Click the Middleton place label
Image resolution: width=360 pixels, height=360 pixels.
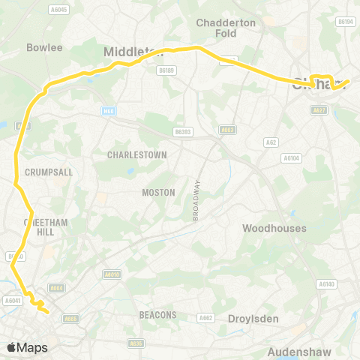tap(133, 51)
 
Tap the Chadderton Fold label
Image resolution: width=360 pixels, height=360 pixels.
tap(226, 28)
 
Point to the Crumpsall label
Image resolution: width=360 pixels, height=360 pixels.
tap(49, 172)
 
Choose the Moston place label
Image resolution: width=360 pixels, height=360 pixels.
tap(158, 193)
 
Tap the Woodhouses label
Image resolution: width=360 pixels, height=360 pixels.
tap(274, 228)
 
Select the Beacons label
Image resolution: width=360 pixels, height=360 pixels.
tap(157, 315)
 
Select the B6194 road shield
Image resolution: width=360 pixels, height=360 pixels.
tap(346, 22)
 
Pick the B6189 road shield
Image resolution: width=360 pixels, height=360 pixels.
tap(167, 70)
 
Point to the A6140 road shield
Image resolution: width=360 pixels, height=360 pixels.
tap(325, 284)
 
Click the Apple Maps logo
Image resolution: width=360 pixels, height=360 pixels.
tap(27, 347)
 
